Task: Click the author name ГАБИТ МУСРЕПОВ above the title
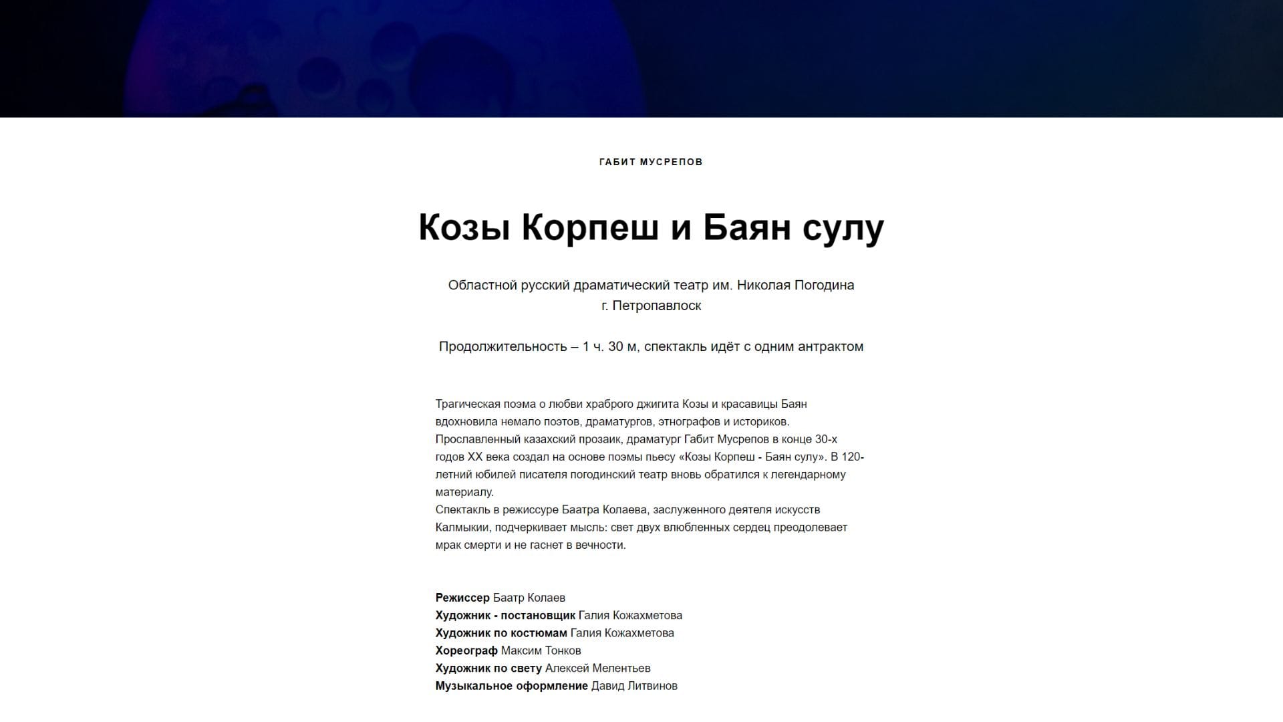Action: tap(651, 162)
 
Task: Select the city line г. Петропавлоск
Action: tap(651, 306)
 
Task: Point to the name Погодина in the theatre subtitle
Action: tap(823, 285)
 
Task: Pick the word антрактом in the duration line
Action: tap(831, 346)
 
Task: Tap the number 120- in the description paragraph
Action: tap(853, 457)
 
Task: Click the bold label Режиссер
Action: tap(462, 598)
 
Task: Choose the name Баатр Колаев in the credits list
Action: tap(529, 598)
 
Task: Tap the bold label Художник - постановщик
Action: tap(505, 615)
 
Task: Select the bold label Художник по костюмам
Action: tap(501, 633)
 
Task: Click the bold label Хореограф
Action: tap(466, 650)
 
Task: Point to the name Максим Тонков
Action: tap(541, 650)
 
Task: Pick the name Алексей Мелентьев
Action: tap(597, 668)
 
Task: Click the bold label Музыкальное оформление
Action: tap(512, 686)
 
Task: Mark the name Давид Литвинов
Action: tap(634, 686)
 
